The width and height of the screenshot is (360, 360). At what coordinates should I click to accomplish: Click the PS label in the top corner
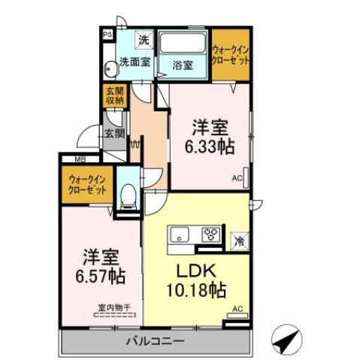coord(107,33)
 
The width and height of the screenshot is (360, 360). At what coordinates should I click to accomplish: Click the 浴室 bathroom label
coord(183,65)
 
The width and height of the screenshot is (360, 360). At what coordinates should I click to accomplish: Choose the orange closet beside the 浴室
coord(230,53)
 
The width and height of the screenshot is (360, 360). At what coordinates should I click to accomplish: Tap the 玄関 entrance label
coord(114,134)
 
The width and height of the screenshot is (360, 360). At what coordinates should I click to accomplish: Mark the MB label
coord(80,159)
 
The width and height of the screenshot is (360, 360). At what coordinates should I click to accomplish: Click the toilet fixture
coord(128,197)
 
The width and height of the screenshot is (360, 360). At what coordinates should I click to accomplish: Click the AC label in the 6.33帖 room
coord(237,179)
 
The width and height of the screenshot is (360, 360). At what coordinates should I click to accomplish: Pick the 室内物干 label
coord(114,307)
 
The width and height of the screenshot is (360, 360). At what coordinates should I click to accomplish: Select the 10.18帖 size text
coord(197,289)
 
